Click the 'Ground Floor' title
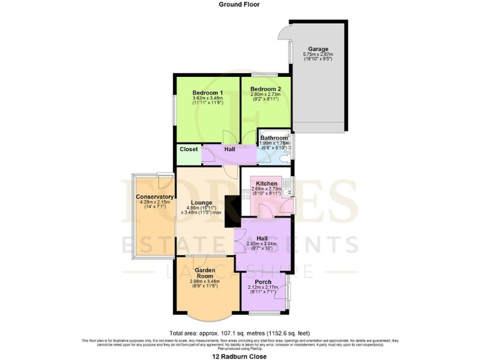[x=239, y=4]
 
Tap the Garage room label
[x=318, y=49]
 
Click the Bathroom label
[x=274, y=137]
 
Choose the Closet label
[x=188, y=149]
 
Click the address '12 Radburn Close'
[x=239, y=356]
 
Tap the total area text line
[x=239, y=332]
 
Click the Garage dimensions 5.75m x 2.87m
[x=318, y=56]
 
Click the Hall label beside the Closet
[x=229, y=150]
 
